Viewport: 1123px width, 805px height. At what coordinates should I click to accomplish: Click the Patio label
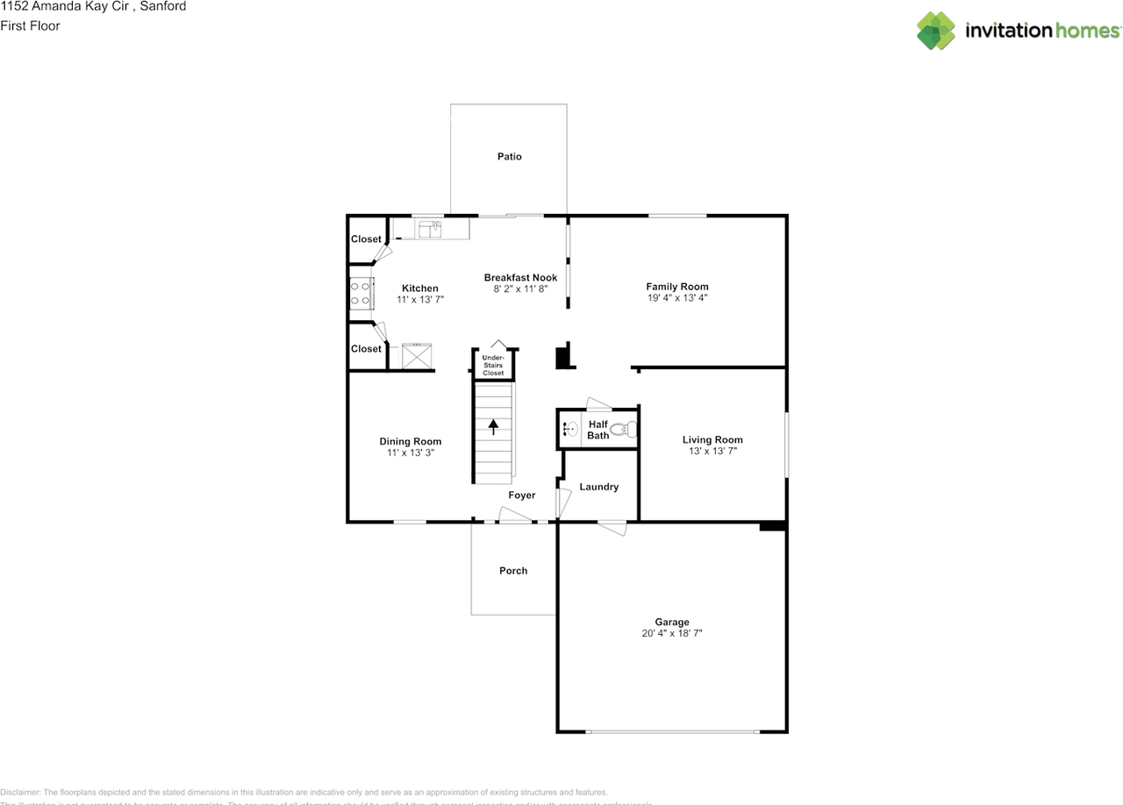tap(509, 157)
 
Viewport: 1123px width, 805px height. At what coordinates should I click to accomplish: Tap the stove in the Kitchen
tap(360, 293)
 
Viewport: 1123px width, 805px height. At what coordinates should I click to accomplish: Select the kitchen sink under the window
tap(431, 229)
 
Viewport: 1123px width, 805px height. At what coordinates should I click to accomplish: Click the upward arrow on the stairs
tap(493, 427)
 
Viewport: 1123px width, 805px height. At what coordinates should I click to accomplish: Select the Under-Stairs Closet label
tap(493, 365)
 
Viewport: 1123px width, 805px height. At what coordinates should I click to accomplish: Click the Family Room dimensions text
tap(676, 298)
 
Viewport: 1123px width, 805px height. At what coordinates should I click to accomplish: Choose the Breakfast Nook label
tap(520, 278)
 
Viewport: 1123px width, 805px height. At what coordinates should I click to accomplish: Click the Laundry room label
tap(598, 488)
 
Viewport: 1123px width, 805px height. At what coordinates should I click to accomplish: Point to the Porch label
tap(513, 571)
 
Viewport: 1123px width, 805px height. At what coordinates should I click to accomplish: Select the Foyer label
tap(521, 496)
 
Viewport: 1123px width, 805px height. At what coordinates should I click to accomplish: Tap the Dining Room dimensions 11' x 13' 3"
tap(410, 453)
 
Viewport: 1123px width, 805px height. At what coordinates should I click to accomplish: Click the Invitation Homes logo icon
tap(935, 31)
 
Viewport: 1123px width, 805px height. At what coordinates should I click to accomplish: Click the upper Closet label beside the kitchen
tap(366, 239)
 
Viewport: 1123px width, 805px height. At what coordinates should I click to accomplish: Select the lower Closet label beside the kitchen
tap(366, 349)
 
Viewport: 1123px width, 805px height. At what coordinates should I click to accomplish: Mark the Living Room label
tap(712, 440)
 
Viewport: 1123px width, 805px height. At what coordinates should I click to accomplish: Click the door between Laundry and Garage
tap(612, 528)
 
